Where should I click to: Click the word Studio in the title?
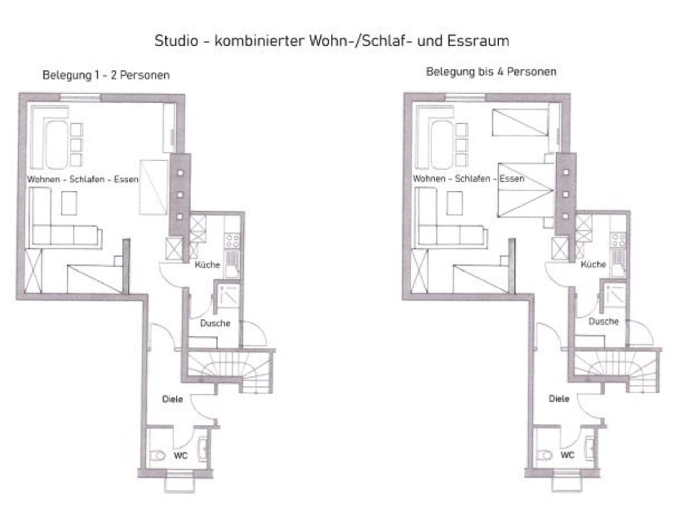176,41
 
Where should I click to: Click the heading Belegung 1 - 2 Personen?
106,75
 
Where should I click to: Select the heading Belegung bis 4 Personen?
491,72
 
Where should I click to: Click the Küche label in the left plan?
207,265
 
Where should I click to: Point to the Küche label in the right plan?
593,264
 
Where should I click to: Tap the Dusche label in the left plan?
215,323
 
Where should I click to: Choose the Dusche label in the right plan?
604,321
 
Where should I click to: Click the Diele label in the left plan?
172,399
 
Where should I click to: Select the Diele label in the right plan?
559,399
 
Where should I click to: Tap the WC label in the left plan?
181,456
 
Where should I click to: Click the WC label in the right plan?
567,455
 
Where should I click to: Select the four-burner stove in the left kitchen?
232,241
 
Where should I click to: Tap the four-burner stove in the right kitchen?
618,240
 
